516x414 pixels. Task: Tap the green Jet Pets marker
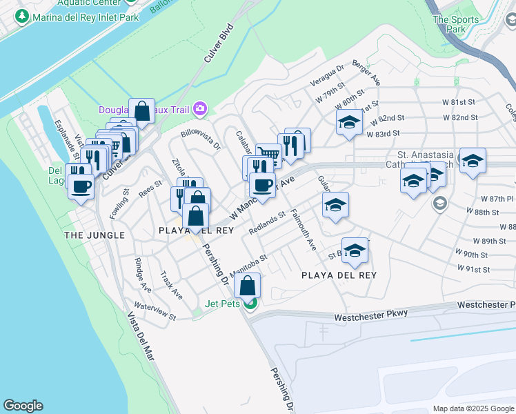coord(252,303)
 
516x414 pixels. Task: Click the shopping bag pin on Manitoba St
coord(247,286)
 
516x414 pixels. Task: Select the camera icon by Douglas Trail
coord(200,108)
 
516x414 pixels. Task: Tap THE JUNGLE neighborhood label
coord(95,235)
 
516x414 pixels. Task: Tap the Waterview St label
coord(155,312)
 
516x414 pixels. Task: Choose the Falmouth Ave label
coord(303,230)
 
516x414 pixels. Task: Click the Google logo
coord(23,406)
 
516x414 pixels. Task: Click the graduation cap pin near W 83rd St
coord(350,123)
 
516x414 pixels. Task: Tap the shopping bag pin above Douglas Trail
coord(141,111)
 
